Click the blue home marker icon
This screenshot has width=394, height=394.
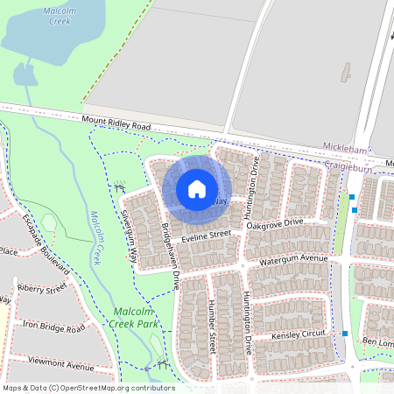click(197, 188)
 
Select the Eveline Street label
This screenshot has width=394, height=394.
click(207, 236)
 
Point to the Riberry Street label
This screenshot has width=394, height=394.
click(41, 287)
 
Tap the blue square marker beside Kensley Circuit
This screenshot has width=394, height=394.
click(346, 334)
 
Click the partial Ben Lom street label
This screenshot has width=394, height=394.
click(377, 341)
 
